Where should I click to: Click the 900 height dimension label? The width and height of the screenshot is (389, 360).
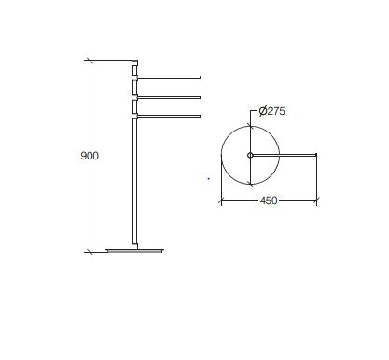click(x=90, y=156)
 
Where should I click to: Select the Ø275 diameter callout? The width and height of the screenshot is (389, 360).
click(x=272, y=111)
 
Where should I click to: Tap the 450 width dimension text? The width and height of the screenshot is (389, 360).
click(x=269, y=201)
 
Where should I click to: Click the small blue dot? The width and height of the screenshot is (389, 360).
click(x=209, y=179)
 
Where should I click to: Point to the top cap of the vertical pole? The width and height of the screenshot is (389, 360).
click(x=134, y=63)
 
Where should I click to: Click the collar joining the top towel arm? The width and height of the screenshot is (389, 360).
click(x=134, y=77)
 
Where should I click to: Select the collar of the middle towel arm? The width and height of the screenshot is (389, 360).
click(x=134, y=98)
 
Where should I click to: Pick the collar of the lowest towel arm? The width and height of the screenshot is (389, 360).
click(x=134, y=117)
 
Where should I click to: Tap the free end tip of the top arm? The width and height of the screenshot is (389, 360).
click(x=201, y=77)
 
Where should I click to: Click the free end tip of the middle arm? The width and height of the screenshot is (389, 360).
click(x=201, y=98)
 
